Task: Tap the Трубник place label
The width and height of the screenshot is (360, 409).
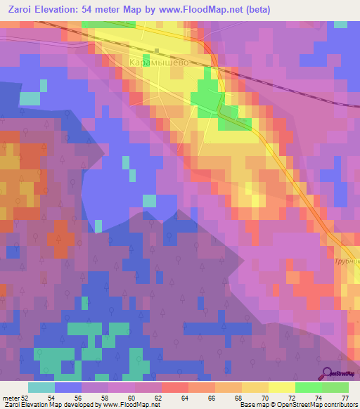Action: pos(347,261)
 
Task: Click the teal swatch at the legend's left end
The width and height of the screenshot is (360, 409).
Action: pos(41,387)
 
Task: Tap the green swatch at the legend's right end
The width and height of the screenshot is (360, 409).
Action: pos(335,387)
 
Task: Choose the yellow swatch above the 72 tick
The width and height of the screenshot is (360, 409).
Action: pos(282,387)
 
